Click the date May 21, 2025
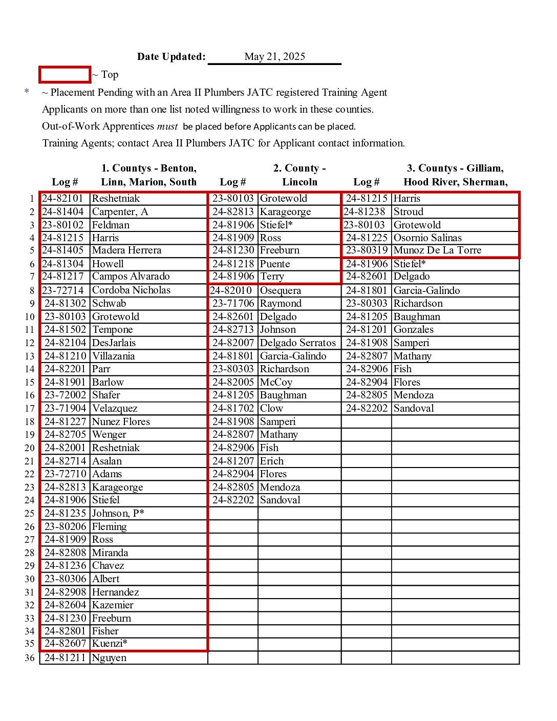click(x=274, y=57)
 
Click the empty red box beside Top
click(x=65, y=75)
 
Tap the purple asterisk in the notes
click(x=27, y=92)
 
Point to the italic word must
click(x=167, y=126)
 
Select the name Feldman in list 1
click(x=111, y=225)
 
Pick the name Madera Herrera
click(x=126, y=250)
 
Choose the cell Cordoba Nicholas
click(x=131, y=290)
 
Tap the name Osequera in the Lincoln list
click(x=281, y=291)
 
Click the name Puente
click(x=275, y=264)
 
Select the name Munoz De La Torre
click(x=437, y=250)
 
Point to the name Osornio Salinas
click(x=427, y=238)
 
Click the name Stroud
click(x=408, y=212)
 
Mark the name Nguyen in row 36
click(x=109, y=658)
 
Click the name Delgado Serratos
click(x=298, y=343)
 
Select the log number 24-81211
click(x=65, y=658)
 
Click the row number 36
click(x=30, y=659)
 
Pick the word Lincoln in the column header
click(x=299, y=182)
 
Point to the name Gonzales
click(x=413, y=330)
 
